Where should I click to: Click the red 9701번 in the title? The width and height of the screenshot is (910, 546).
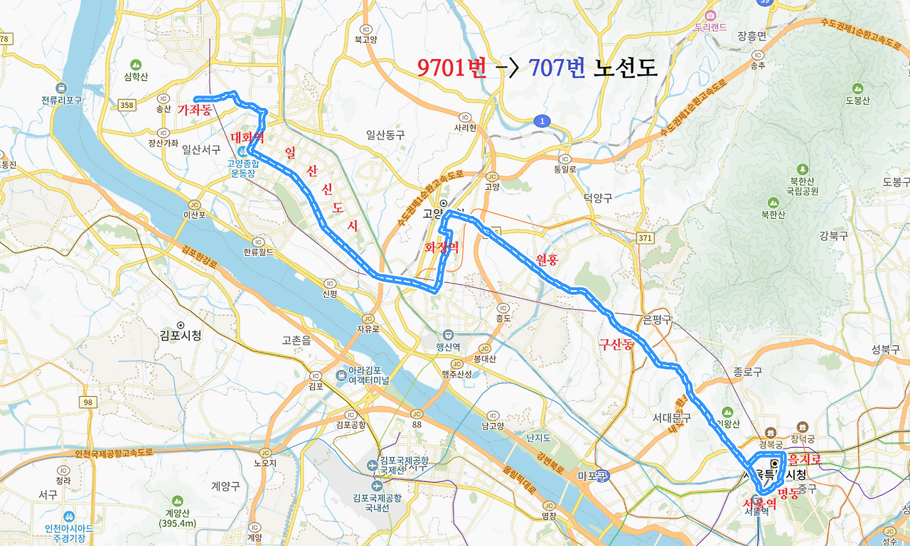(x=451, y=68)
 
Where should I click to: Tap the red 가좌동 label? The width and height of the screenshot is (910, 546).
(x=195, y=110)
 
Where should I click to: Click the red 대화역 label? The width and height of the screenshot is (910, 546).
(x=248, y=138)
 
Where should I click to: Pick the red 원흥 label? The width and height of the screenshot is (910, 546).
(x=547, y=260)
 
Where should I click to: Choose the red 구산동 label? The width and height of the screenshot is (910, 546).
(x=616, y=346)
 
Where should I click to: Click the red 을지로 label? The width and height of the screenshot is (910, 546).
(x=804, y=460)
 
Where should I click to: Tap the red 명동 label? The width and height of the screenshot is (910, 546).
(x=788, y=493)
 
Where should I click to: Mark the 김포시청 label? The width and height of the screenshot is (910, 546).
(x=181, y=336)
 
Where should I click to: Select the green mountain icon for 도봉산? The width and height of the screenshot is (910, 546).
(x=857, y=88)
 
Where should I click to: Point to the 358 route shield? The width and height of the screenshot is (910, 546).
(x=127, y=105)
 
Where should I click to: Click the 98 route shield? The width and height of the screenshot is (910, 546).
(x=87, y=402)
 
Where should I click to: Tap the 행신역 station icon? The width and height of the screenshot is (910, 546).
(x=448, y=335)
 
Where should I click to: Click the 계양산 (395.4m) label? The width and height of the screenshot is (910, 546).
(x=177, y=518)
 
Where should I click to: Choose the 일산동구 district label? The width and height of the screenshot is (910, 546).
(x=385, y=134)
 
